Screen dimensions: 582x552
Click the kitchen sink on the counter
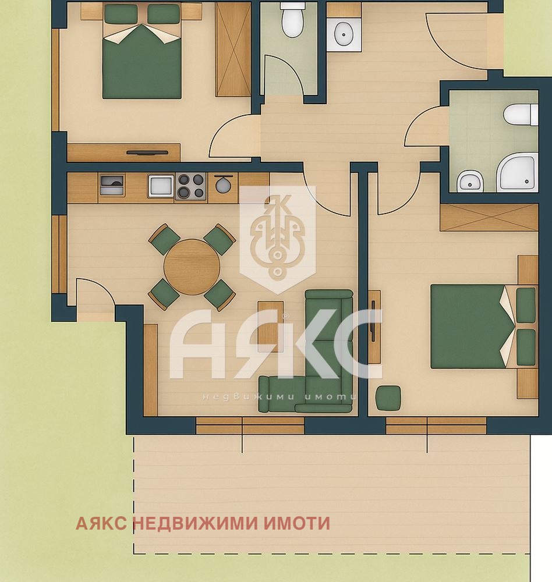point(161,186)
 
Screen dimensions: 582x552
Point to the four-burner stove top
point(191,186)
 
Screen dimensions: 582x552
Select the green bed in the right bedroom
point(473,326)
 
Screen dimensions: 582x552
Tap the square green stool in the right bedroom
point(388,398)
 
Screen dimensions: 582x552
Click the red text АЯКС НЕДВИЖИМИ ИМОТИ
point(203,523)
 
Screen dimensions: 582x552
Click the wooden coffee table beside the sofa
point(270,326)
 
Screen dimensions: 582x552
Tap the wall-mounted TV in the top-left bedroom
point(147,153)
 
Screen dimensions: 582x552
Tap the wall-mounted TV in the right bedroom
point(372,320)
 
